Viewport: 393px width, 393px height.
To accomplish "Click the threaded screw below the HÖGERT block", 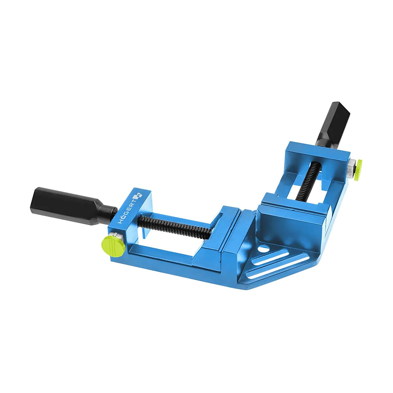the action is pyautogui.click(x=174, y=227).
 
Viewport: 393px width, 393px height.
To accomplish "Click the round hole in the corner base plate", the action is pyautogui.click(x=263, y=249).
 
